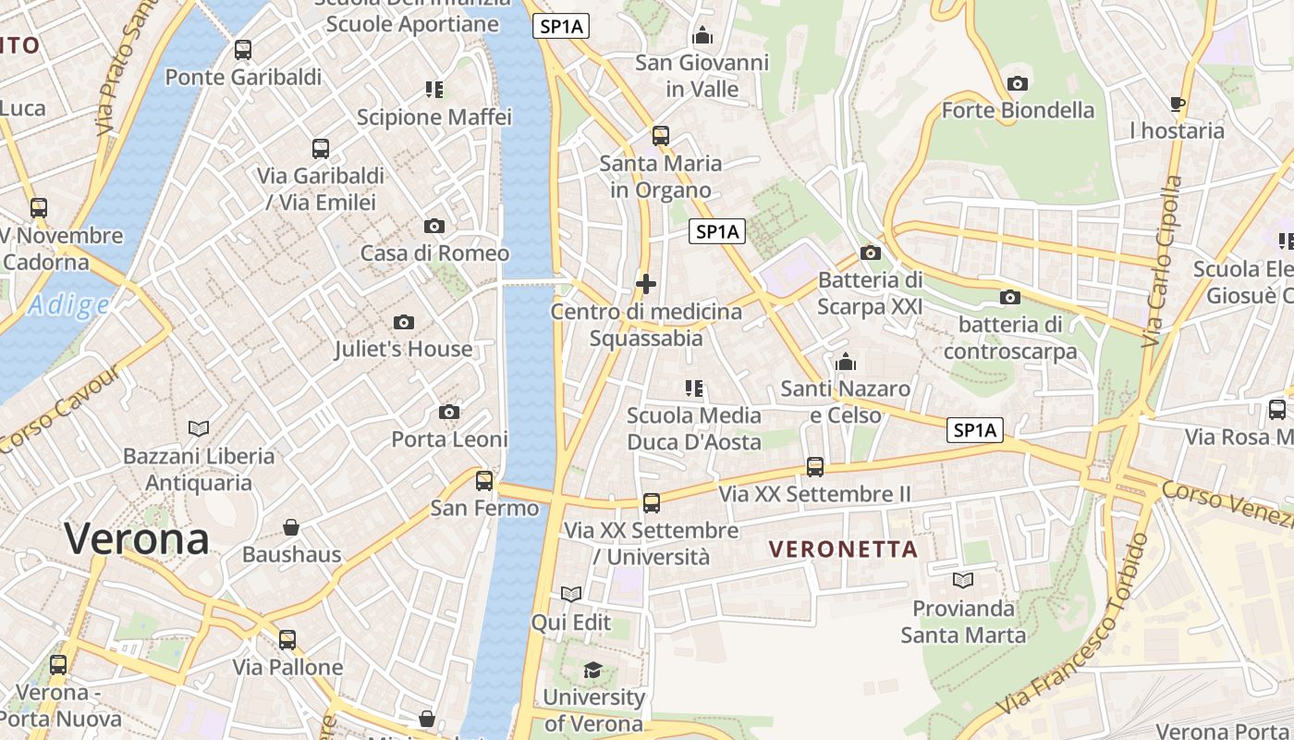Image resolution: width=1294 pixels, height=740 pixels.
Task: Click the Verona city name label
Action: click(x=137, y=538)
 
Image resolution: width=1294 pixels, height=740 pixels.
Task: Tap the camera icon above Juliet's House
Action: click(x=403, y=322)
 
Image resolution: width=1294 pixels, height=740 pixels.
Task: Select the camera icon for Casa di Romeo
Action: click(x=433, y=226)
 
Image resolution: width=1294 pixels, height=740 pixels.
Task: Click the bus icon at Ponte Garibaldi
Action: click(x=243, y=50)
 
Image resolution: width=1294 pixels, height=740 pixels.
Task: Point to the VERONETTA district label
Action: click(x=844, y=549)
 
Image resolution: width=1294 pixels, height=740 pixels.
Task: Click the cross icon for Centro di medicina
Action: click(x=646, y=284)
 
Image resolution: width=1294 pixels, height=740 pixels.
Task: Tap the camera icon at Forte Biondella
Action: click(x=1017, y=83)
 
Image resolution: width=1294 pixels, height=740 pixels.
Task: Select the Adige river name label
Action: click(x=68, y=304)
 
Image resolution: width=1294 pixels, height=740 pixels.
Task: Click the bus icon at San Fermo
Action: click(x=484, y=481)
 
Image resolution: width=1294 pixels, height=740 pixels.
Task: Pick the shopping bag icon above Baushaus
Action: click(x=291, y=527)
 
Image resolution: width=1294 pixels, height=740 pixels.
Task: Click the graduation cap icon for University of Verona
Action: click(x=592, y=670)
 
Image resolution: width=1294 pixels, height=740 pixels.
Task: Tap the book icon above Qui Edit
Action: click(x=571, y=594)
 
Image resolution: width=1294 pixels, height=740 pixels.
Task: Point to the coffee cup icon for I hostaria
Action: click(x=1177, y=104)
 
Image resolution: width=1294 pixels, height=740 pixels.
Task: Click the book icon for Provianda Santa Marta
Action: click(x=963, y=580)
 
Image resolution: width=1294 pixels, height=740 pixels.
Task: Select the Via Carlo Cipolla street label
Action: click(x=1162, y=262)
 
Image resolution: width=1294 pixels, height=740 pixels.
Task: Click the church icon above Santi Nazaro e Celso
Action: click(x=845, y=362)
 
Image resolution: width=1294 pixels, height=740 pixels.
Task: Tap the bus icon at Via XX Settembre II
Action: click(x=814, y=467)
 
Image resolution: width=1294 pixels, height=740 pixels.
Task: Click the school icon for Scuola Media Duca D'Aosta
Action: click(x=693, y=388)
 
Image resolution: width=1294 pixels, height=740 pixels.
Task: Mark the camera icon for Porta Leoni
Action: click(x=449, y=412)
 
